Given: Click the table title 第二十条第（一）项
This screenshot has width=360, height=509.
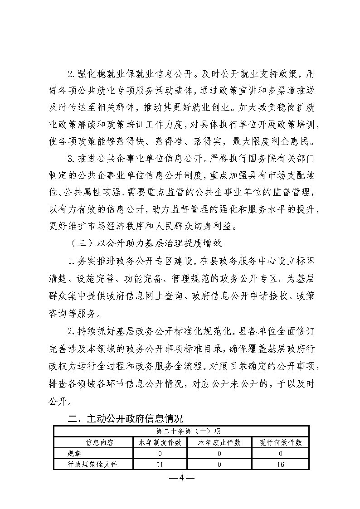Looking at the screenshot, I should point(181,431).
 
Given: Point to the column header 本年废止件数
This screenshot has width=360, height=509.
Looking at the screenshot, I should point(219,442).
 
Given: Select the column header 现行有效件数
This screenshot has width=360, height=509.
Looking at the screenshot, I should point(280,442).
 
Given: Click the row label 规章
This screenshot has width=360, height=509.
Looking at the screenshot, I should point(73,453).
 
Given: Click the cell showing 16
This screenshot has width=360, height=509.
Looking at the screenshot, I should point(280,464).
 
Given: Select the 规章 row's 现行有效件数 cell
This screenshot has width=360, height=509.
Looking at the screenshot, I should point(280,453).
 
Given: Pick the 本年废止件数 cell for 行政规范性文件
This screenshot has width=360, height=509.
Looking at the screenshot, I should point(219,464).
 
